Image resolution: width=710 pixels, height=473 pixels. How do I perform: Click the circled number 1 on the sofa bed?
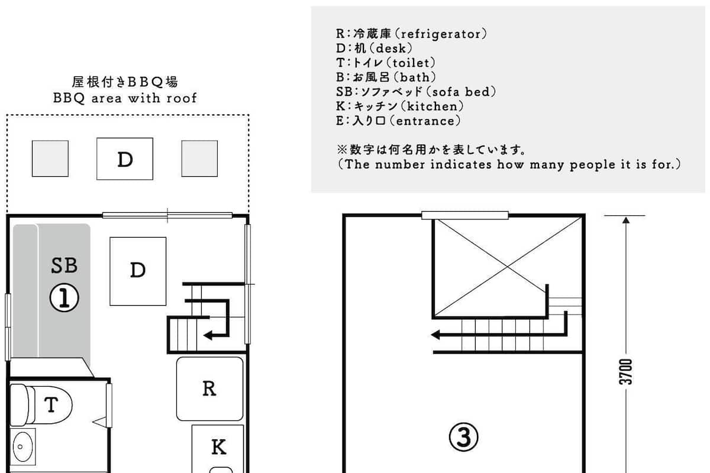pyautogui.click(x=64, y=297)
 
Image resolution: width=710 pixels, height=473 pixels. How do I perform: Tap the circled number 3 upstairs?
pyautogui.click(x=463, y=437)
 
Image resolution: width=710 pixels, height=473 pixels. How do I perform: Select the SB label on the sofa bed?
pyautogui.click(x=64, y=265)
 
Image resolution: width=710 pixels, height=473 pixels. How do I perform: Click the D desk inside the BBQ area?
pyautogui.click(x=125, y=158)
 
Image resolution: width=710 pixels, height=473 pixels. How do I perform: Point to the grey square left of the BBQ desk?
pyautogui.click(x=50, y=158)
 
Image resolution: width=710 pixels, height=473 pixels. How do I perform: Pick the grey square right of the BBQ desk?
pyautogui.click(x=199, y=158)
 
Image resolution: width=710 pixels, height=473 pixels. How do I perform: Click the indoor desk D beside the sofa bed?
pyautogui.click(x=138, y=271)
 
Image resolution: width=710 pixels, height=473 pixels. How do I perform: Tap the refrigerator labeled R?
pyautogui.click(x=209, y=388)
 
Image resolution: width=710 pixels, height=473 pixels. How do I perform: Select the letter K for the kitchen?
pyautogui.click(x=219, y=447)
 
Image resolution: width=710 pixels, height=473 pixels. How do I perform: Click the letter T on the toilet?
pyautogui.click(x=51, y=404)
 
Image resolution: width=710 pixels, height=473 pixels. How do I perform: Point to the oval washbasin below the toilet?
pyautogui.click(x=23, y=446)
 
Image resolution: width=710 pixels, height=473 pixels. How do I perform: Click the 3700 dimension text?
pyautogui.click(x=626, y=372)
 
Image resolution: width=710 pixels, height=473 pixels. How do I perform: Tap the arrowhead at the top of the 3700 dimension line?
pyautogui.click(x=626, y=219)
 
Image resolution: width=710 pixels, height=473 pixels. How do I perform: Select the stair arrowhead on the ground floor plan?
pyautogui.click(x=208, y=335)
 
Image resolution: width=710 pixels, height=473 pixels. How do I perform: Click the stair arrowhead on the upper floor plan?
pyautogui.click(x=435, y=335)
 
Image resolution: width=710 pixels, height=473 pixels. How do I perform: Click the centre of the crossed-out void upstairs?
pyautogui.click(x=508, y=267)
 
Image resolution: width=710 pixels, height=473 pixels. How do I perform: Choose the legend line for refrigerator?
pyautogui.click(x=411, y=34)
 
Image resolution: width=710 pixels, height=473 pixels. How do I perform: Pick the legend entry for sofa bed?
pyautogui.click(x=415, y=92)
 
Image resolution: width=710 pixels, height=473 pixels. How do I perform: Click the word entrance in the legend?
pyautogui.click(x=425, y=121)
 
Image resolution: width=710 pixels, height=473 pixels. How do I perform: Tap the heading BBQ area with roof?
pyautogui.click(x=125, y=98)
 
